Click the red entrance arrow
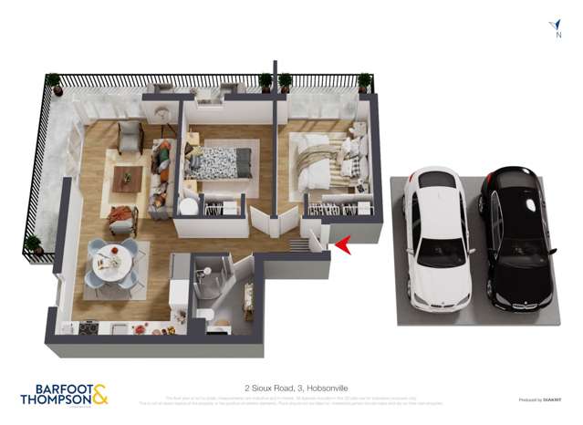(342, 244)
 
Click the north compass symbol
(556, 28)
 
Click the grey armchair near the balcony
(130, 137)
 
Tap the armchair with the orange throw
(120, 219)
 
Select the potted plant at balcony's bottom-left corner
(34, 244)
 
